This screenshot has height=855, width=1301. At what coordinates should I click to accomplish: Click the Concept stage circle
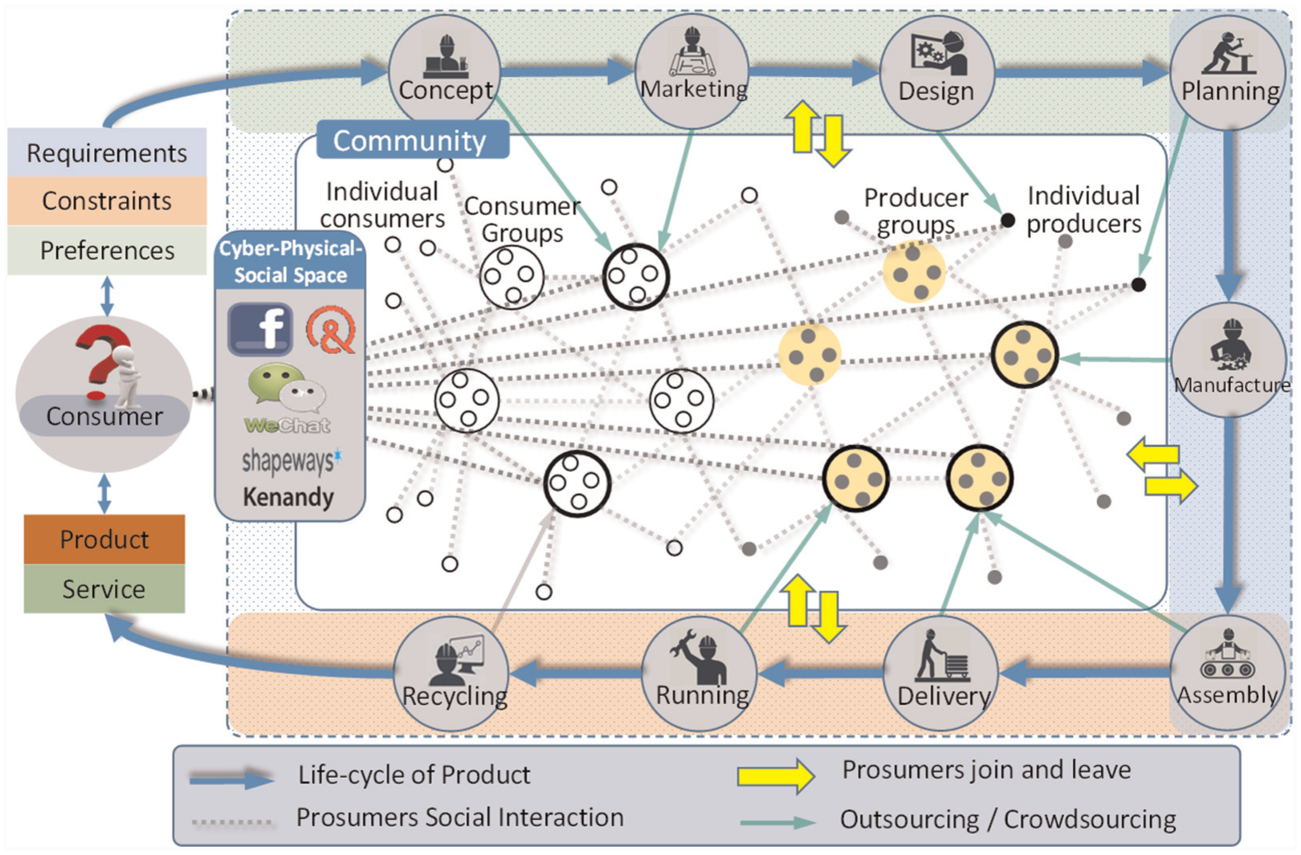445,71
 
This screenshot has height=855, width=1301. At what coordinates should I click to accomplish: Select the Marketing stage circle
692,71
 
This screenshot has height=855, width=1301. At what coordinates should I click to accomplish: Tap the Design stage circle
937,72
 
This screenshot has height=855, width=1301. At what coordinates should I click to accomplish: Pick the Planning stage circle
1229,72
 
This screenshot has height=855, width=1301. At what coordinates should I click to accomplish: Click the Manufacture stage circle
1229,360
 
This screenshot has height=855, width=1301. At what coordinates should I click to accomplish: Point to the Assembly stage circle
1227,673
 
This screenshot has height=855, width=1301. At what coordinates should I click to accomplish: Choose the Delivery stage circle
941,674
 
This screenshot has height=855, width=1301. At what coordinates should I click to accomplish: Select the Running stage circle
699,674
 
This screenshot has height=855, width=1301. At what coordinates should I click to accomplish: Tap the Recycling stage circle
451,674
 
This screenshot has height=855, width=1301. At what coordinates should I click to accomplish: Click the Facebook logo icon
260,328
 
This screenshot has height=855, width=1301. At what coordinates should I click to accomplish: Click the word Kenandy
288,497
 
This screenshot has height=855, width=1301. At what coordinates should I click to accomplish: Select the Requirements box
107,153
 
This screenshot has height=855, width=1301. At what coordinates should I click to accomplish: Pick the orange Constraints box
107,201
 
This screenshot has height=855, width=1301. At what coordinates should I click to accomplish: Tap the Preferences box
107,250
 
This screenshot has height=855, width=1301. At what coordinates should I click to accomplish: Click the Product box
104,539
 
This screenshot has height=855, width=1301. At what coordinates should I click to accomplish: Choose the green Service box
104,588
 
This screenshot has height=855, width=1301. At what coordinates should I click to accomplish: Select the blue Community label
413,140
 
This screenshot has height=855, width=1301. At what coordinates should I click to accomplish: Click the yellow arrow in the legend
776,776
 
